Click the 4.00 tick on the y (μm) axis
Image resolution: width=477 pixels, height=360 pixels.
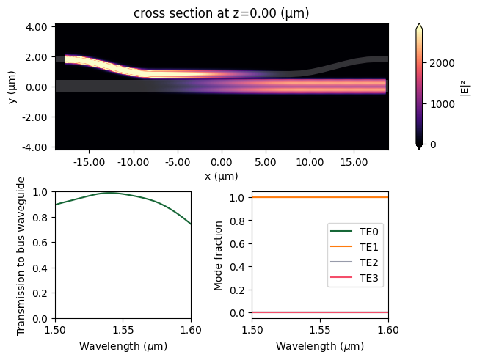click(37, 27)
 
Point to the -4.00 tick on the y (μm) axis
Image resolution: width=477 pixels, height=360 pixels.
click(35, 147)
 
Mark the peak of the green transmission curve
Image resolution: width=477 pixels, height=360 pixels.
click(109, 193)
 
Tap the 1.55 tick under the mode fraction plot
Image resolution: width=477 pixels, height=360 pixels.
click(320, 329)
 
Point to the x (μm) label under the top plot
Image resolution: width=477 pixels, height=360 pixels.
click(221, 176)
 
